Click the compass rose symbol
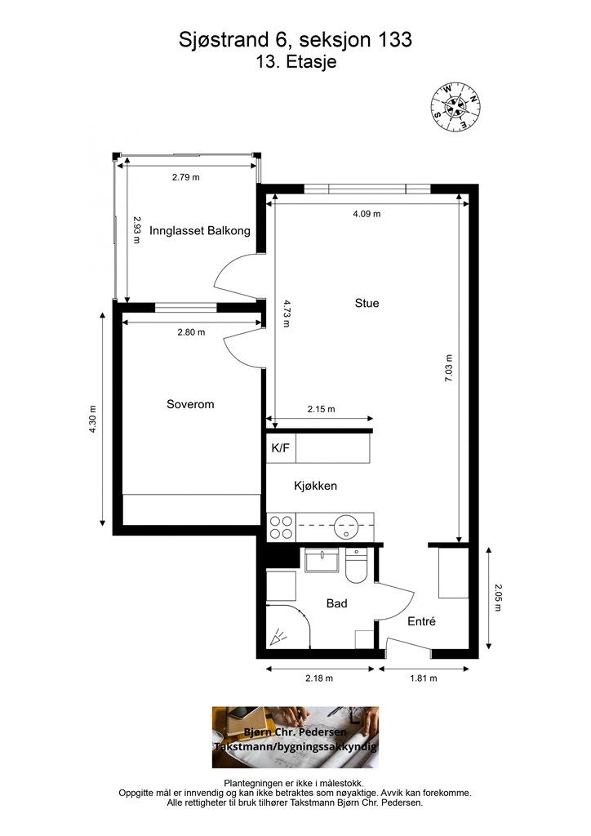455,107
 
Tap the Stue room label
367,304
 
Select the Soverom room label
190,404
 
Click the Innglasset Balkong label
200,231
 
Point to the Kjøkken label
315,486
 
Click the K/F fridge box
281,448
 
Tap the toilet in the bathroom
355,567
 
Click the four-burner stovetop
281,527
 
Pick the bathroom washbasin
322,560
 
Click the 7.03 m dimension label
449,368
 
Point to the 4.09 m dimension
367,214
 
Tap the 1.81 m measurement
423,678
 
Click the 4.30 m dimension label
93,419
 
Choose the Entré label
421,621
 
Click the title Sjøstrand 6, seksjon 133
295,39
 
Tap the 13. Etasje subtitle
295,62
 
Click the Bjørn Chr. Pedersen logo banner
295,737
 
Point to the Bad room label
337,603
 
